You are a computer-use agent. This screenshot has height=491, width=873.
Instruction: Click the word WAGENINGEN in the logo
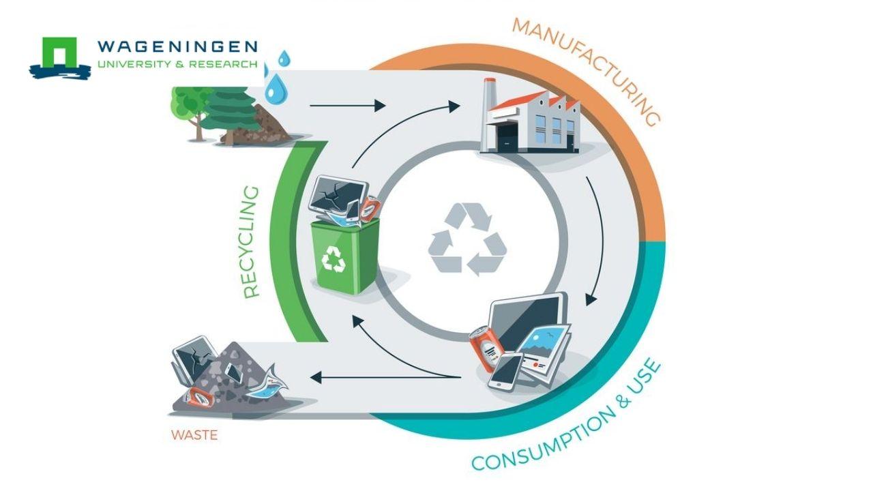pyautogui.click(x=177, y=47)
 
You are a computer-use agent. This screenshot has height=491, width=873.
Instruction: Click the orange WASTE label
pyautogui.click(x=194, y=434)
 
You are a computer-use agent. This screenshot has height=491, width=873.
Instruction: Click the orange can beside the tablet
pyautogui.click(x=485, y=348)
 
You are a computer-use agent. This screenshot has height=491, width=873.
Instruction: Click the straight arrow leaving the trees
pyautogui.click(x=348, y=106)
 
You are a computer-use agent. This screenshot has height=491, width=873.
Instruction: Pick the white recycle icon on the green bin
pyautogui.click(x=335, y=258)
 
